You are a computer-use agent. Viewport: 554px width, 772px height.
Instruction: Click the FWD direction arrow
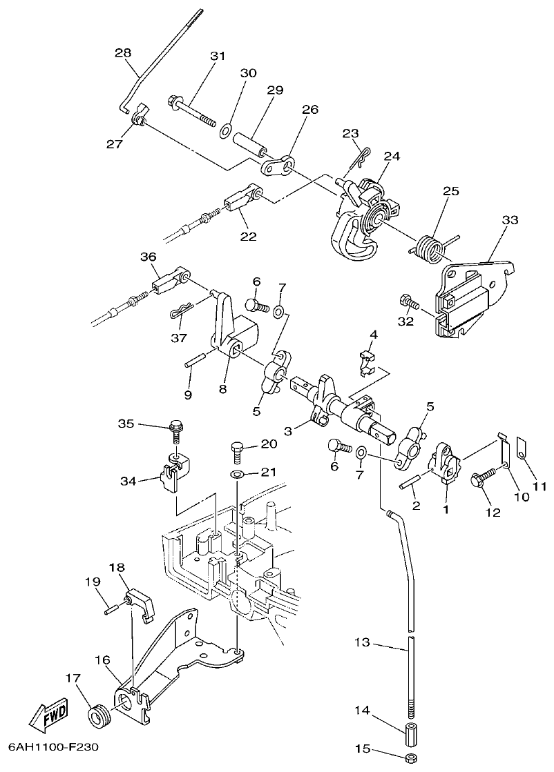[48, 720]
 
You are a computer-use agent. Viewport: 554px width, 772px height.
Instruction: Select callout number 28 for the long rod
[123, 52]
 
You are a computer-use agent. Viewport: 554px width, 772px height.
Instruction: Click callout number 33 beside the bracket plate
[510, 220]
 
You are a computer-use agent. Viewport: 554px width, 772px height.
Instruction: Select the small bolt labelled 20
[235, 452]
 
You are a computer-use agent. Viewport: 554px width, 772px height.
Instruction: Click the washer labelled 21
[236, 475]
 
